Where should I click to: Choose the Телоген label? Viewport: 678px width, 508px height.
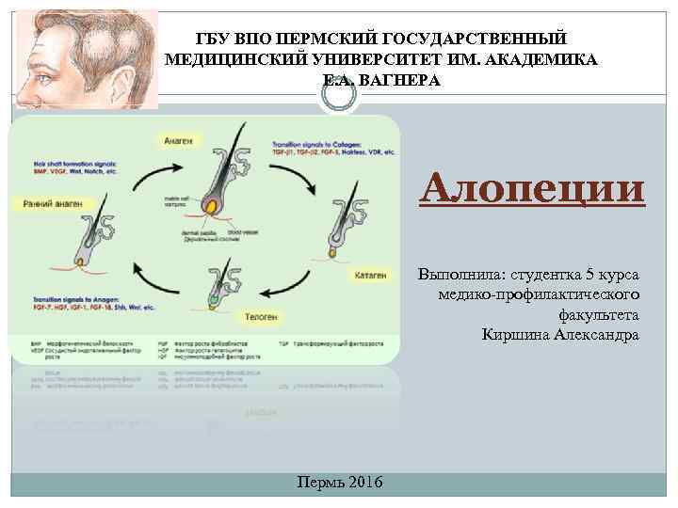click(260, 317)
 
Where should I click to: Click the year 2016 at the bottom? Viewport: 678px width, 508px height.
click(364, 483)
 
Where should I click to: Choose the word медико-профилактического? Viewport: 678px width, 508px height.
click(539, 295)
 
